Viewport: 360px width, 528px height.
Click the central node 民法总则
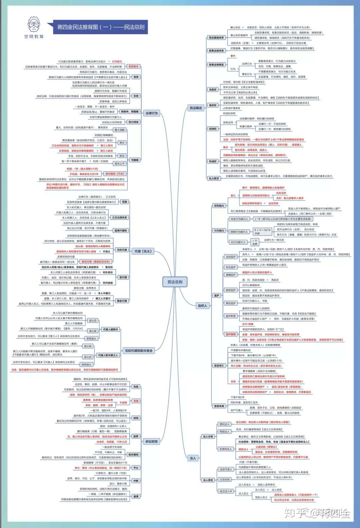pos(175,282)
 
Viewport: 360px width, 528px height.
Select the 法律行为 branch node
pos(151,113)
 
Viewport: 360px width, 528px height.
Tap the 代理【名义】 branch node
pos(143,251)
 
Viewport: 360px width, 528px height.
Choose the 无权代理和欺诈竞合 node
pos(138,351)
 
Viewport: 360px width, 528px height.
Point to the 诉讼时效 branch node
pos(151,441)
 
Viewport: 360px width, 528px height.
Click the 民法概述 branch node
pos(196,108)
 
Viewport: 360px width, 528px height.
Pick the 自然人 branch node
pos(202,305)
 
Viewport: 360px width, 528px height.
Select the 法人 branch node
pos(193,458)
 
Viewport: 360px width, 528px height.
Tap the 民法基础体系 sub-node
pos(216,38)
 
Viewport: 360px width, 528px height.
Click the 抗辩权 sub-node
pos(212,129)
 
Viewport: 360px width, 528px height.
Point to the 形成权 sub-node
pos(212,161)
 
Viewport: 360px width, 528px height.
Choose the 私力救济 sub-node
pos(214,179)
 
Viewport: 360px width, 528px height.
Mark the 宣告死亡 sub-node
pos(219,365)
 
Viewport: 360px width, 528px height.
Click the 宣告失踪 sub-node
pos(219,406)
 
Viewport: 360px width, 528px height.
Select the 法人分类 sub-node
pos(208,436)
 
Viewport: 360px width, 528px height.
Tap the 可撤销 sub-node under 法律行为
pos(135,160)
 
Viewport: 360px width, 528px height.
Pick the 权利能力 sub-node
pos(219,206)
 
